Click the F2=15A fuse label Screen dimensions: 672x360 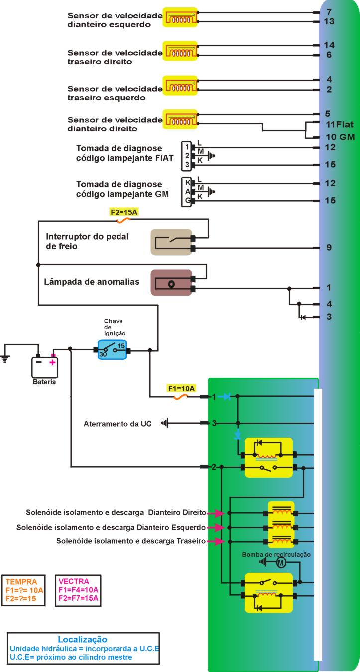(x=123, y=212)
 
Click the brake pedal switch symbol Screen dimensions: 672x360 (x=171, y=242)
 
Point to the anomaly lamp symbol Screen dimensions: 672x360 (x=171, y=283)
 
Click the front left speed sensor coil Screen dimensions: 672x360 (x=180, y=19)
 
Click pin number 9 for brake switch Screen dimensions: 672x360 (x=329, y=247)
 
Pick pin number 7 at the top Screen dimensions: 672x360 (x=329, y=11)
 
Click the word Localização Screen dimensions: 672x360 (x=83, y=639)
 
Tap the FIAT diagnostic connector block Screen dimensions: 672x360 (x=186, y=156)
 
